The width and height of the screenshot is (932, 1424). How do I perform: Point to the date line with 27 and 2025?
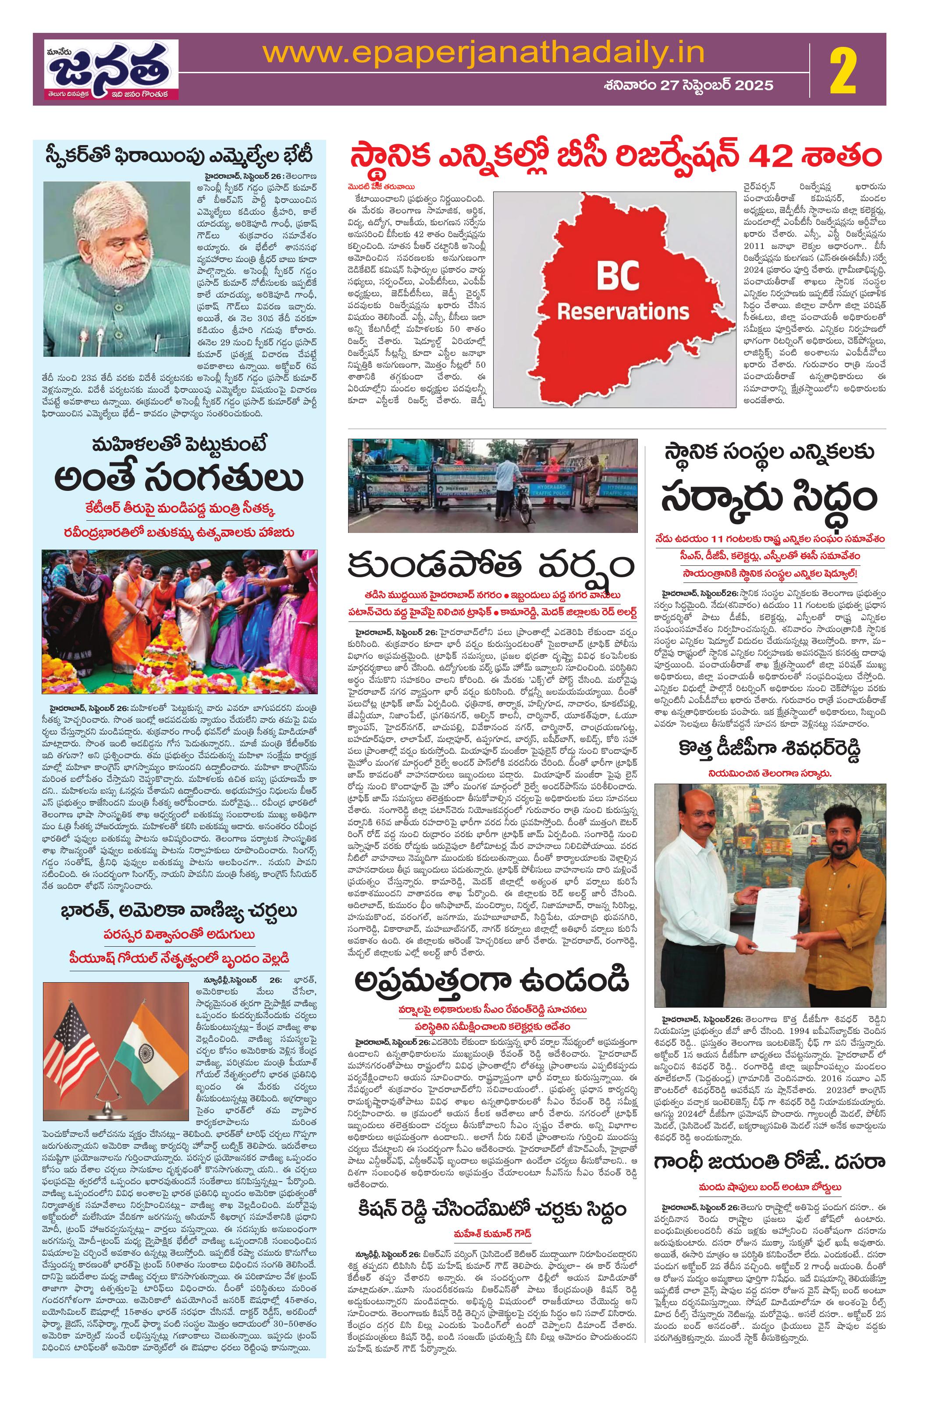687,85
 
